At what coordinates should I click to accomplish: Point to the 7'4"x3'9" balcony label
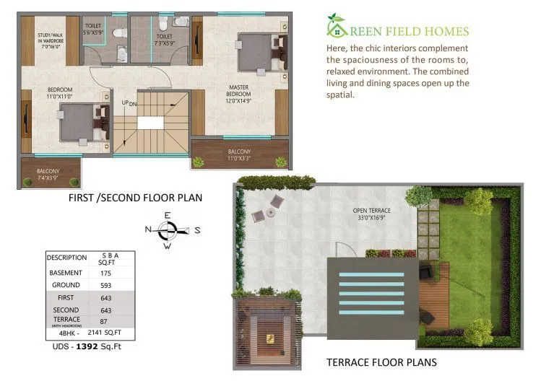click(x=48, y=174)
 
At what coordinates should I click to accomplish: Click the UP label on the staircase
click(x=125, y=103)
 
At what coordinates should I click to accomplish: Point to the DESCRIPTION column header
click(x=66, y=258)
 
